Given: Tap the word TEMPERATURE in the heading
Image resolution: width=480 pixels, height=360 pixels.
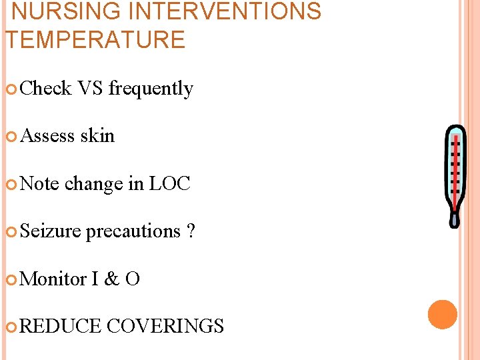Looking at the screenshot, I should (95, 40).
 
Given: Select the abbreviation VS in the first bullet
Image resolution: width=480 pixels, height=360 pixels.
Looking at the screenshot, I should (90, 88).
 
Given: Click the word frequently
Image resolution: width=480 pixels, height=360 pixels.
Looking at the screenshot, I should (151, 89).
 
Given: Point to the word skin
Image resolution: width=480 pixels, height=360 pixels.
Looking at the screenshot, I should (97, 135).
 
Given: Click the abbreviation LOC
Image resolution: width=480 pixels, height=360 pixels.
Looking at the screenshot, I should (169, 183).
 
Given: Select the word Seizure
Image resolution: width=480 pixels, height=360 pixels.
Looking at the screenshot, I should (51, 231).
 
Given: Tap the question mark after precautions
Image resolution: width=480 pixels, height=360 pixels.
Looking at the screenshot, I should (191, 231).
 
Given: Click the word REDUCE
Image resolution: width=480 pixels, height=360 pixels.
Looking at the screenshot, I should (61, 326).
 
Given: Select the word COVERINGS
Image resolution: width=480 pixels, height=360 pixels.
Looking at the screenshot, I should (165, 326).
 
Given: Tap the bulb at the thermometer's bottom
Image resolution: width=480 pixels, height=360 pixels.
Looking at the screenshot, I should (454, 218).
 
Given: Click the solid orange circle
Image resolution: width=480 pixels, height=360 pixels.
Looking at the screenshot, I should (443, 315).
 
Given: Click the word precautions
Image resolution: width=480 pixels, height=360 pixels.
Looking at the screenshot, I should (133, 231).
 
